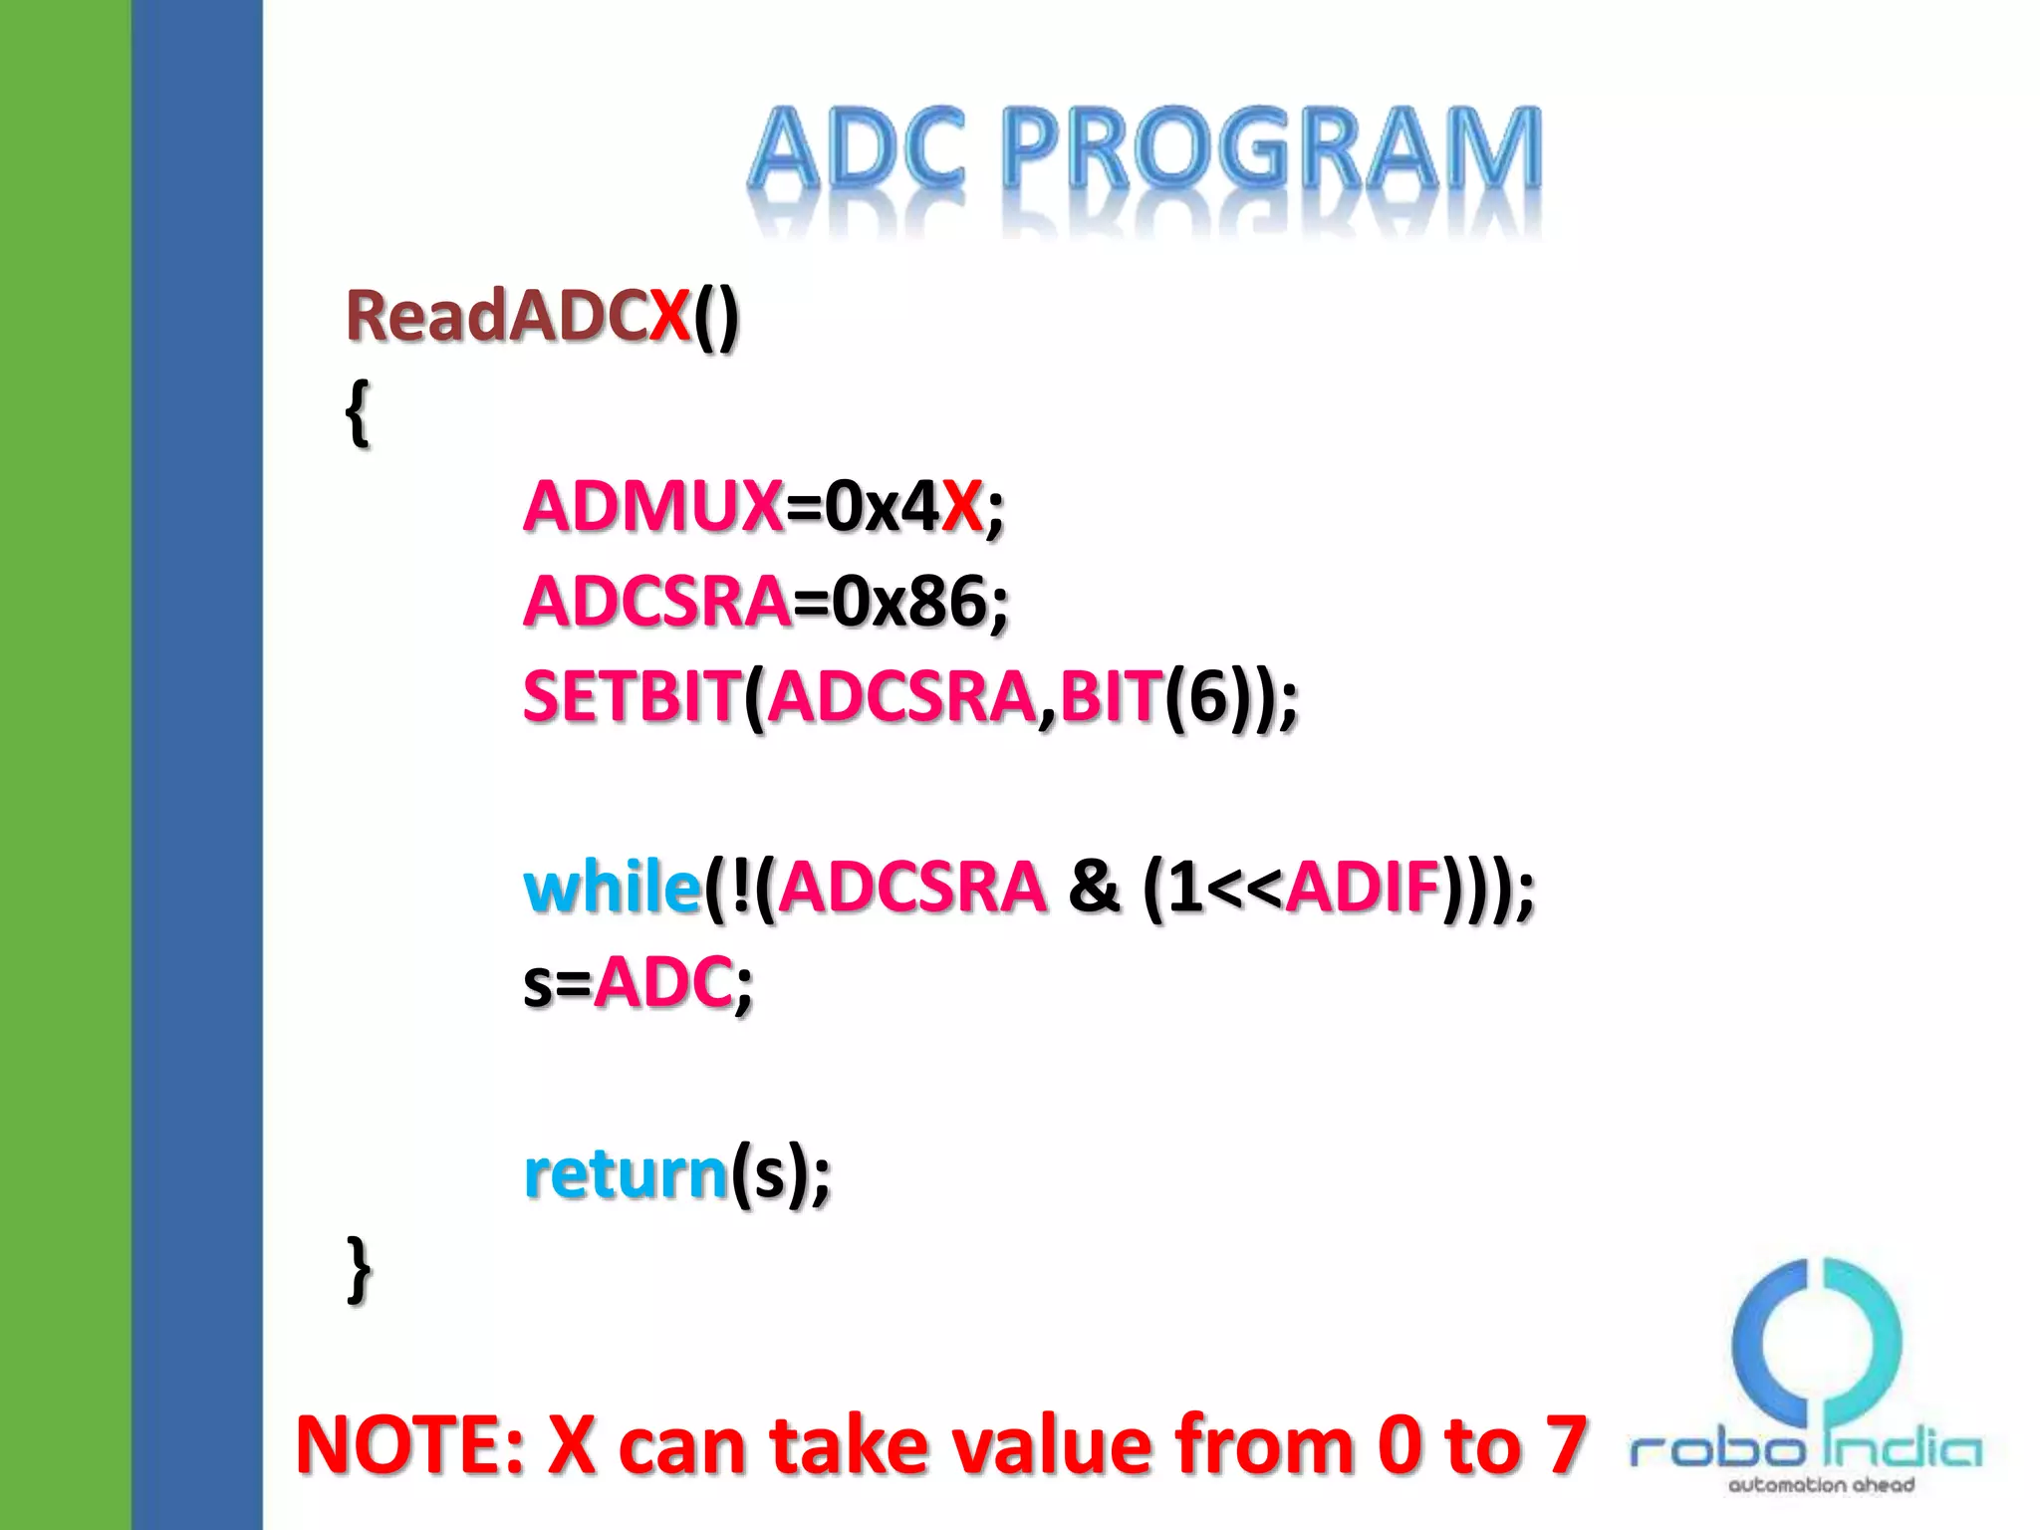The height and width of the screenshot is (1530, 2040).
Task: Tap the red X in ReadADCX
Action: pyautogui.click(x=669, y=317)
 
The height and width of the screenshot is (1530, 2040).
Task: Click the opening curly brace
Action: pyautogui.click(x=357, y=412)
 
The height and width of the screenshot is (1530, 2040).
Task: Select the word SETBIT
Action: pyautogui.click(x=632, y=696)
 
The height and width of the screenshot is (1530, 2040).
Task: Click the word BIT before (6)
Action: pyautogui.click(x=1111, y=696)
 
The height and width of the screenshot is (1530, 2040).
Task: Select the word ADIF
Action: pyautogui.click(x=1363, y=887)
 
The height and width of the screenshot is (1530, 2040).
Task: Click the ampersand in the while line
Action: pyautogui.click(x=1093, y=887)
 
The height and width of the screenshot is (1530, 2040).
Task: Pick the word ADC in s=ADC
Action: pyautogui.click(x=663, y=982)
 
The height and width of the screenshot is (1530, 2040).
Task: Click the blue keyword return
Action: pyautogui.click(x=626, y=1173)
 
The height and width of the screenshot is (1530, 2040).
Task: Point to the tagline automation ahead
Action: pyautogui.click(x=1821, y=1485)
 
